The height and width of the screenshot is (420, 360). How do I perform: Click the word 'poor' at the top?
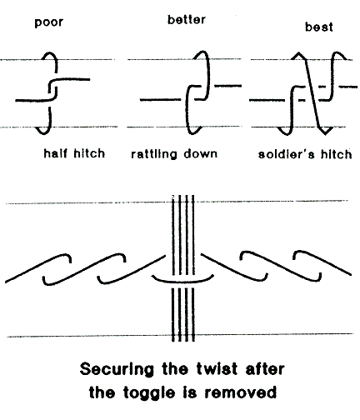[49, 22]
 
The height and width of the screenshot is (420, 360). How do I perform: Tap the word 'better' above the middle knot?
[187, 20]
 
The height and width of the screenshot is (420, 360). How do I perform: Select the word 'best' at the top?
[319, 27]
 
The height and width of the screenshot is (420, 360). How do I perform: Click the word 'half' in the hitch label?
[56, 153]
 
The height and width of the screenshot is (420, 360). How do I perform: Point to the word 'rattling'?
[154, 154]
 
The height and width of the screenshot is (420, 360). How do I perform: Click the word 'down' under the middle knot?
[201, 153]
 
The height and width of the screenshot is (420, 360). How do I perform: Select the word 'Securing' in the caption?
[117, 369]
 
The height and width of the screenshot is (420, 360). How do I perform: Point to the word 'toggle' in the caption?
[149, 392]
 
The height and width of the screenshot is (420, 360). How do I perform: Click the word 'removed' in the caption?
[241, 392]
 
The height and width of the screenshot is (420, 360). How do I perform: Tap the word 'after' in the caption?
[265, 368]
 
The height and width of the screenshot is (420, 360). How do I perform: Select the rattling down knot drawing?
[189, 92]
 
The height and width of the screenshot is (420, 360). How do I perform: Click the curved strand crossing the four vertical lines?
[182, 281]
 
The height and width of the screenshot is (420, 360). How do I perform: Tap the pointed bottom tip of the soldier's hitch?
[325, 135]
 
